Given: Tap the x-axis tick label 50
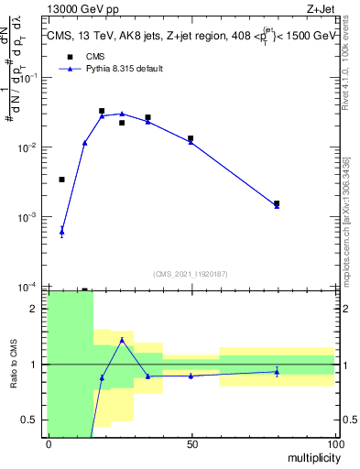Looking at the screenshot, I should click(x=191, y=444).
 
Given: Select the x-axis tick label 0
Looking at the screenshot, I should click(x=49, y=444).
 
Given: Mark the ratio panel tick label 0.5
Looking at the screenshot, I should click(x=28, y=420).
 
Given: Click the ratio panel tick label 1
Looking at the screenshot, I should click(x=33, y=365).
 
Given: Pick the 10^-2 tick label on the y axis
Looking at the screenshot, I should click(x=28, y=147).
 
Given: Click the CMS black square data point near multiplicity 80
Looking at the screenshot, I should click(x=277, y=203).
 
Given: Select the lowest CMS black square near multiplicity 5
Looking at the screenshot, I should click(x=61, y=180).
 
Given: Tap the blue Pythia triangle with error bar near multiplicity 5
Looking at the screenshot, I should click(x=61, y=232).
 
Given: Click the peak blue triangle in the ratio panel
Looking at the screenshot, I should click(x=122, y=340).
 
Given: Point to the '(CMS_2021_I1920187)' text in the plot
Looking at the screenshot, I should click(x=191, y=273).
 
